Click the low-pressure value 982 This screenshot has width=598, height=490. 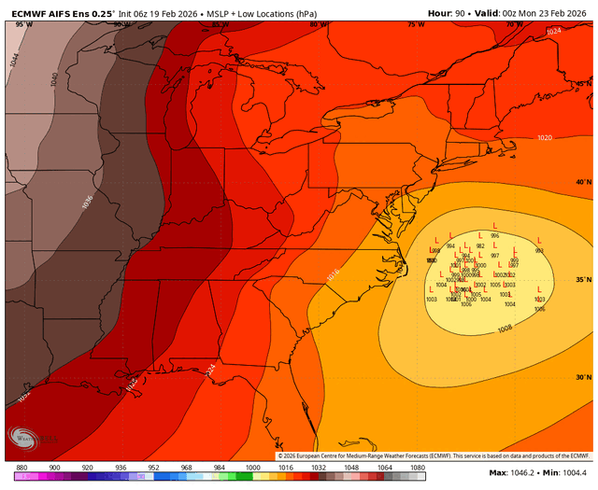(480, 246)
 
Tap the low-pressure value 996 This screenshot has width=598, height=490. (494, 236)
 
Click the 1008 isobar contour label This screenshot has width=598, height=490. (505, 329)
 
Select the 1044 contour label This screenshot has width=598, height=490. (14, 60)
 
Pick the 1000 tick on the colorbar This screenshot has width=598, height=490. (252, 467)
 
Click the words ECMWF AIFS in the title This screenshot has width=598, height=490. (36, 13)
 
